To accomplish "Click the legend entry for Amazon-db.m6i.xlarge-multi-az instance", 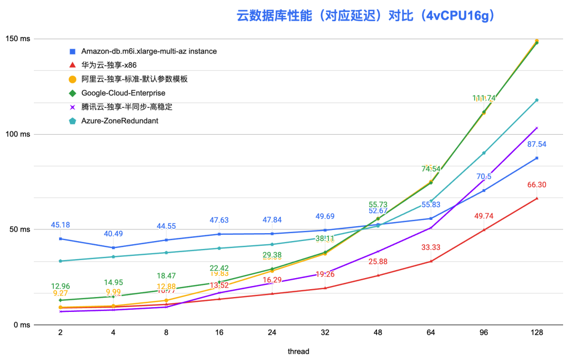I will pyautogui.click(x=149, y=51).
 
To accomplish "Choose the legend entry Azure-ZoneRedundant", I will pyautogui.click(x=119, y=121).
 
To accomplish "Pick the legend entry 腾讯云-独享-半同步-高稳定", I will pyautogui.click(x=127, y=107).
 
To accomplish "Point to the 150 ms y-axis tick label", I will pyautogui.click(x=18, y=39).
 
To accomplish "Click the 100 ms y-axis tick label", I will pyautogui.click(x=18, y=134).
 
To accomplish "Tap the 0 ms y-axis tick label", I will pyautogui.click(x=21, y=325).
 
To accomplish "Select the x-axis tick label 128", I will pyautogui.click(x=537, y=333).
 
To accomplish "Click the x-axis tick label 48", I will pyautogui.click(x=378, y=333).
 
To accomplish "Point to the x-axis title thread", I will pyautogui.click(x=298, y=351).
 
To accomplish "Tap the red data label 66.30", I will pyautogui.click(x=537, y=185).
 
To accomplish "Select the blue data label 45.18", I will pyautogui.click(x=61, y=225).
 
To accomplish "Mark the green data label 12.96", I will pyautogui.click(x=61, y=287).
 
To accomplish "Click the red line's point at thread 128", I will pyautogui.click(x=537, y=198).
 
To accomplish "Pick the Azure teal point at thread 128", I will pyautogui.click(x=537, y=100).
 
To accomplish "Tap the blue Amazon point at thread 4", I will pyautogui.click(x=114, y=247).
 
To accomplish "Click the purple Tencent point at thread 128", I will pyautogui.click(x=537, y=128).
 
